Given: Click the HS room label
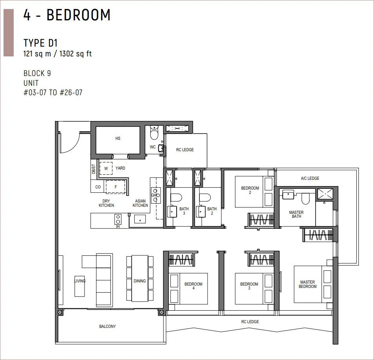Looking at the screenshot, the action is [118, 138].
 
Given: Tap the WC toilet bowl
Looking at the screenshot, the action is [154, 133].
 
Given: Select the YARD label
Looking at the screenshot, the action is [120, 168].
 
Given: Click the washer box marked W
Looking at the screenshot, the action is [106, 168].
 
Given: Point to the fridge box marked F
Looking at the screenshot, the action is [116, 187].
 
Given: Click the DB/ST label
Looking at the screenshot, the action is [94, 169].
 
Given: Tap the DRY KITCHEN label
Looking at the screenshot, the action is [107, 203].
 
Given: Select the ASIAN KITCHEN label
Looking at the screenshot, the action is [140, 203].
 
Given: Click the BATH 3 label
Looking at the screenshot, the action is [184, 211].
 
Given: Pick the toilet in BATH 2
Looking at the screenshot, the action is [205, 198].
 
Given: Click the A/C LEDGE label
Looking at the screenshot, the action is [310, 178].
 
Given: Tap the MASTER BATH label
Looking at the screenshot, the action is [296, 214].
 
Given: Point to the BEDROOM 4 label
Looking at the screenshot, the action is [193, 286].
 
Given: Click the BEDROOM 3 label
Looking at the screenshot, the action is [249, 286].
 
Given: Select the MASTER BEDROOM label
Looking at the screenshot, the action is [307, 284].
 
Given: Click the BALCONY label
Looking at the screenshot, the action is [107, 326].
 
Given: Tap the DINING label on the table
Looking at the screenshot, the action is [139, 281].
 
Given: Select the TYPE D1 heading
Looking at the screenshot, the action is [41, 43].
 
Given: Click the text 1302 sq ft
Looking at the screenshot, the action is [76, 54].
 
